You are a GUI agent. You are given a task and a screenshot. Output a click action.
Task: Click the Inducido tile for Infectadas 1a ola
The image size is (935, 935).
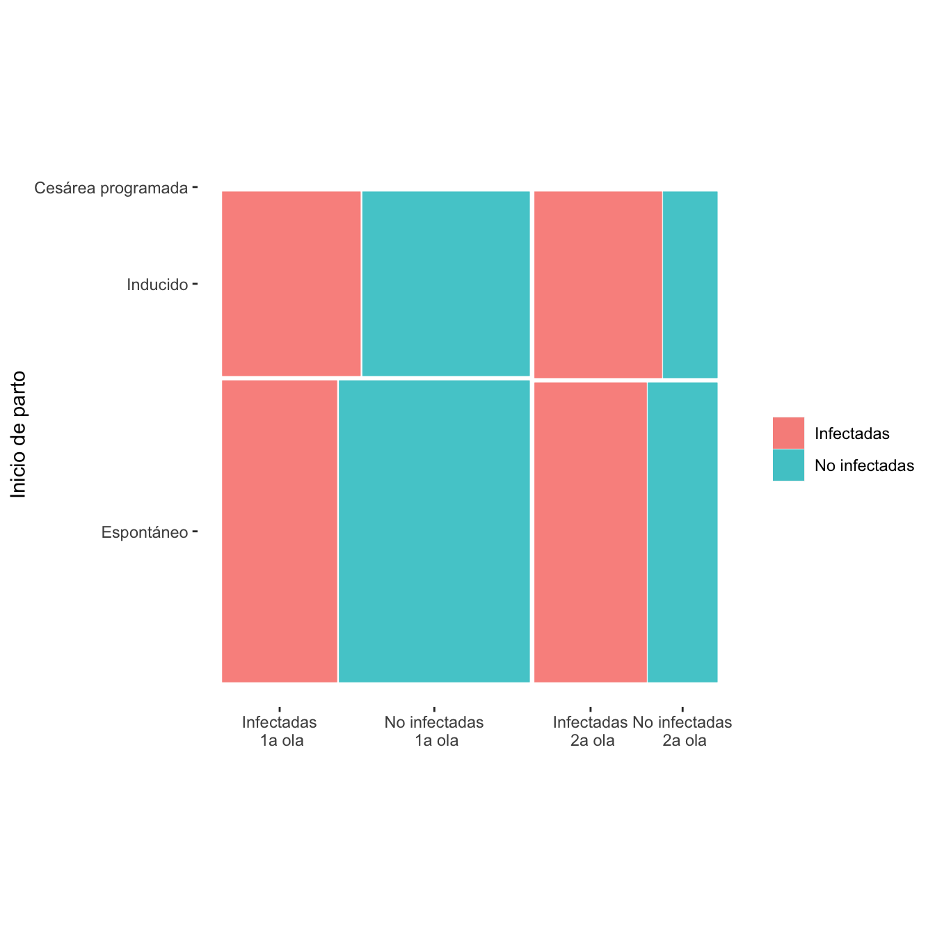[291, 283]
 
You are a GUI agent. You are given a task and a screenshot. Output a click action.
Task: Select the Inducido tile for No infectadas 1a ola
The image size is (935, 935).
[446, 283]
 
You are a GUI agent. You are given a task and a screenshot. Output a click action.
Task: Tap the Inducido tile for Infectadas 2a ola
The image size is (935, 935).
[598, 284]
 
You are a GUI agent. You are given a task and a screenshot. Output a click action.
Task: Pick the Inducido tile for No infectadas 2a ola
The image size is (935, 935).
[690, 284]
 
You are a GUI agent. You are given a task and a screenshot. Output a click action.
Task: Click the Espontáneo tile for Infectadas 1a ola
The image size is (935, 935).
[280, 531]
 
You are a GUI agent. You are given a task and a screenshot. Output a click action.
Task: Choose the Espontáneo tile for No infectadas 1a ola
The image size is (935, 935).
[434, 531]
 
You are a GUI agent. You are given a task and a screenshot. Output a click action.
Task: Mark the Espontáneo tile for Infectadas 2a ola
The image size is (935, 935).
[591, 532]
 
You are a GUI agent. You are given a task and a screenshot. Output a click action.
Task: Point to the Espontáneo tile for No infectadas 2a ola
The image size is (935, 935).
[682, 532]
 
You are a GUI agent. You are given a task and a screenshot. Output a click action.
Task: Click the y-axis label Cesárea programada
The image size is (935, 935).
[111, 188]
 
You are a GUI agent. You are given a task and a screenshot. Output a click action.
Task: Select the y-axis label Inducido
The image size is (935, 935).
[157, 285]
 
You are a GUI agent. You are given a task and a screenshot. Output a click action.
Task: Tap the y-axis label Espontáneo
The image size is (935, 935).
[145, 533]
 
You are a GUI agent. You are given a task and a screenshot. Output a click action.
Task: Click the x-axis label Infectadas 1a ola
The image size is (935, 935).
[280, 731]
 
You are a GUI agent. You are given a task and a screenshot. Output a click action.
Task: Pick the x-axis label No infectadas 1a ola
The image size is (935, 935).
[434, 731]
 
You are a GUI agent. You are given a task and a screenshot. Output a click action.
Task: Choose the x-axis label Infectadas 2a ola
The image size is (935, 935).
[591, 731]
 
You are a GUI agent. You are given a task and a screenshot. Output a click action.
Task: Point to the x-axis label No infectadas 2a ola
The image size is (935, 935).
[683, 731]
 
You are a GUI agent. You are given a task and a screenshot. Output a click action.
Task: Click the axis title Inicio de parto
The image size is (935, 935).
[19, 434]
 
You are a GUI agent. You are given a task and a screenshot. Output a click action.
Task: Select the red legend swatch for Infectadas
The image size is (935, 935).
[788, 433]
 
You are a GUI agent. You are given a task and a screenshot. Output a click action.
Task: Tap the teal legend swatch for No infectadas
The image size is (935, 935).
[788, 465]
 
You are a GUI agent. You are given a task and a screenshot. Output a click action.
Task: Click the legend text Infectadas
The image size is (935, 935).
[852, 433]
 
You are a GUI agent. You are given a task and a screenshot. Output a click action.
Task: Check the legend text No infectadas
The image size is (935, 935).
[864, 465]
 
